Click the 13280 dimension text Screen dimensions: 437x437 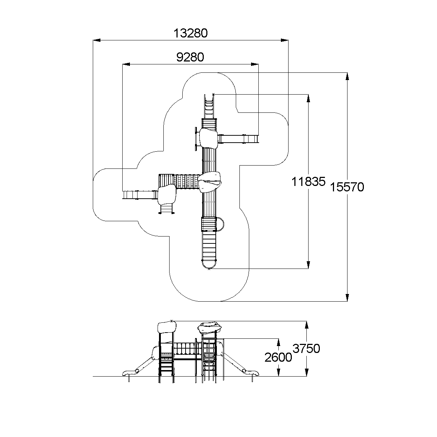point(190,33)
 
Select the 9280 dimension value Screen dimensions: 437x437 point(190,57)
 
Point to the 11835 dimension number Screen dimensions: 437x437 point(308,182)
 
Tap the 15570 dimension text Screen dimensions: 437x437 point(347,187)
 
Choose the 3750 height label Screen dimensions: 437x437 point(306,349)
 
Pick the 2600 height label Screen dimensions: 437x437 point(278,358)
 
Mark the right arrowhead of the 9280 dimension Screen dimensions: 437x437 point(255,64)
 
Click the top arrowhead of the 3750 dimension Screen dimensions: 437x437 point(307,324)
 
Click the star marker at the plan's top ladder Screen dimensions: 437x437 point(213,94)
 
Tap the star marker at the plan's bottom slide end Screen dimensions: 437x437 point(208,269)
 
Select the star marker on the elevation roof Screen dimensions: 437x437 point(171,321)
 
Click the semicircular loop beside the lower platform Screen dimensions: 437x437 point(221,224)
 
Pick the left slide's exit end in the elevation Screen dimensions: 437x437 point(126,373)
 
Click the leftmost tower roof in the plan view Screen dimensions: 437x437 point(167,194)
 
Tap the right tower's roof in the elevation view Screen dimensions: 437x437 point(209,327)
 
